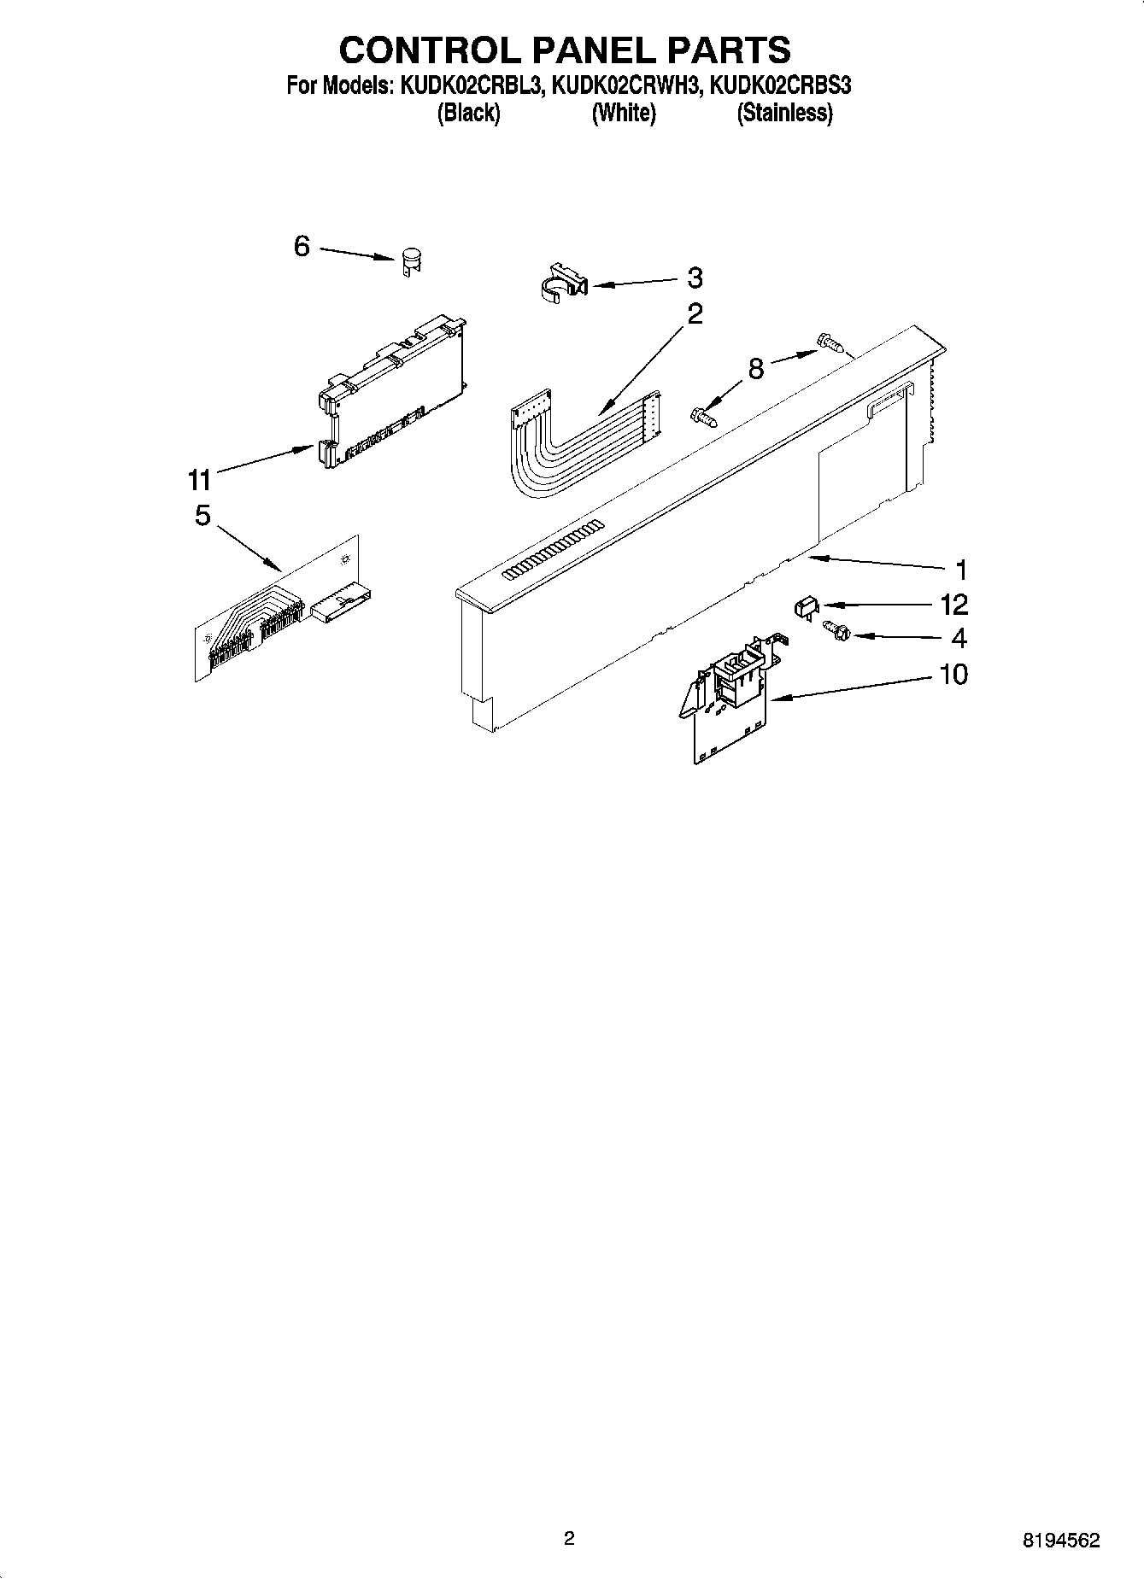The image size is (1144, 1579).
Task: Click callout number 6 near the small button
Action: click(x=302, y=247)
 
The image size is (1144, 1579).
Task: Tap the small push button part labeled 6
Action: click(x=412, y=260)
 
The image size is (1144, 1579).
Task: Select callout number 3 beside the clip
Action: click(x=695, y=278)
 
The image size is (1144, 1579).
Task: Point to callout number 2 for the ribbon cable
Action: click(x=695, y=314)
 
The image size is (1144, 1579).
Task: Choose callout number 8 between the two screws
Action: click(x=755, y=369)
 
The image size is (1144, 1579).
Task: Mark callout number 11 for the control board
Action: click(x=199, y=481)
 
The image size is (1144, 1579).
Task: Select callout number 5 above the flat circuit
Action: click(x=202, y=516)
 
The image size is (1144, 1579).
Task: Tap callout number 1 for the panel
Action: click(x=959, y=570)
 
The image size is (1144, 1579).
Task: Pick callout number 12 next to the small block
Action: click(x=953, y=605)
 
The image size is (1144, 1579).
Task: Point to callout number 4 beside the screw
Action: click(x=959, y=638)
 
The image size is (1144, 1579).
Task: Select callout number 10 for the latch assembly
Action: click(x=953, y=675)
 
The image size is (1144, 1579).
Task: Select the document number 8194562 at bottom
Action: click(x=1062, y=1541)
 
